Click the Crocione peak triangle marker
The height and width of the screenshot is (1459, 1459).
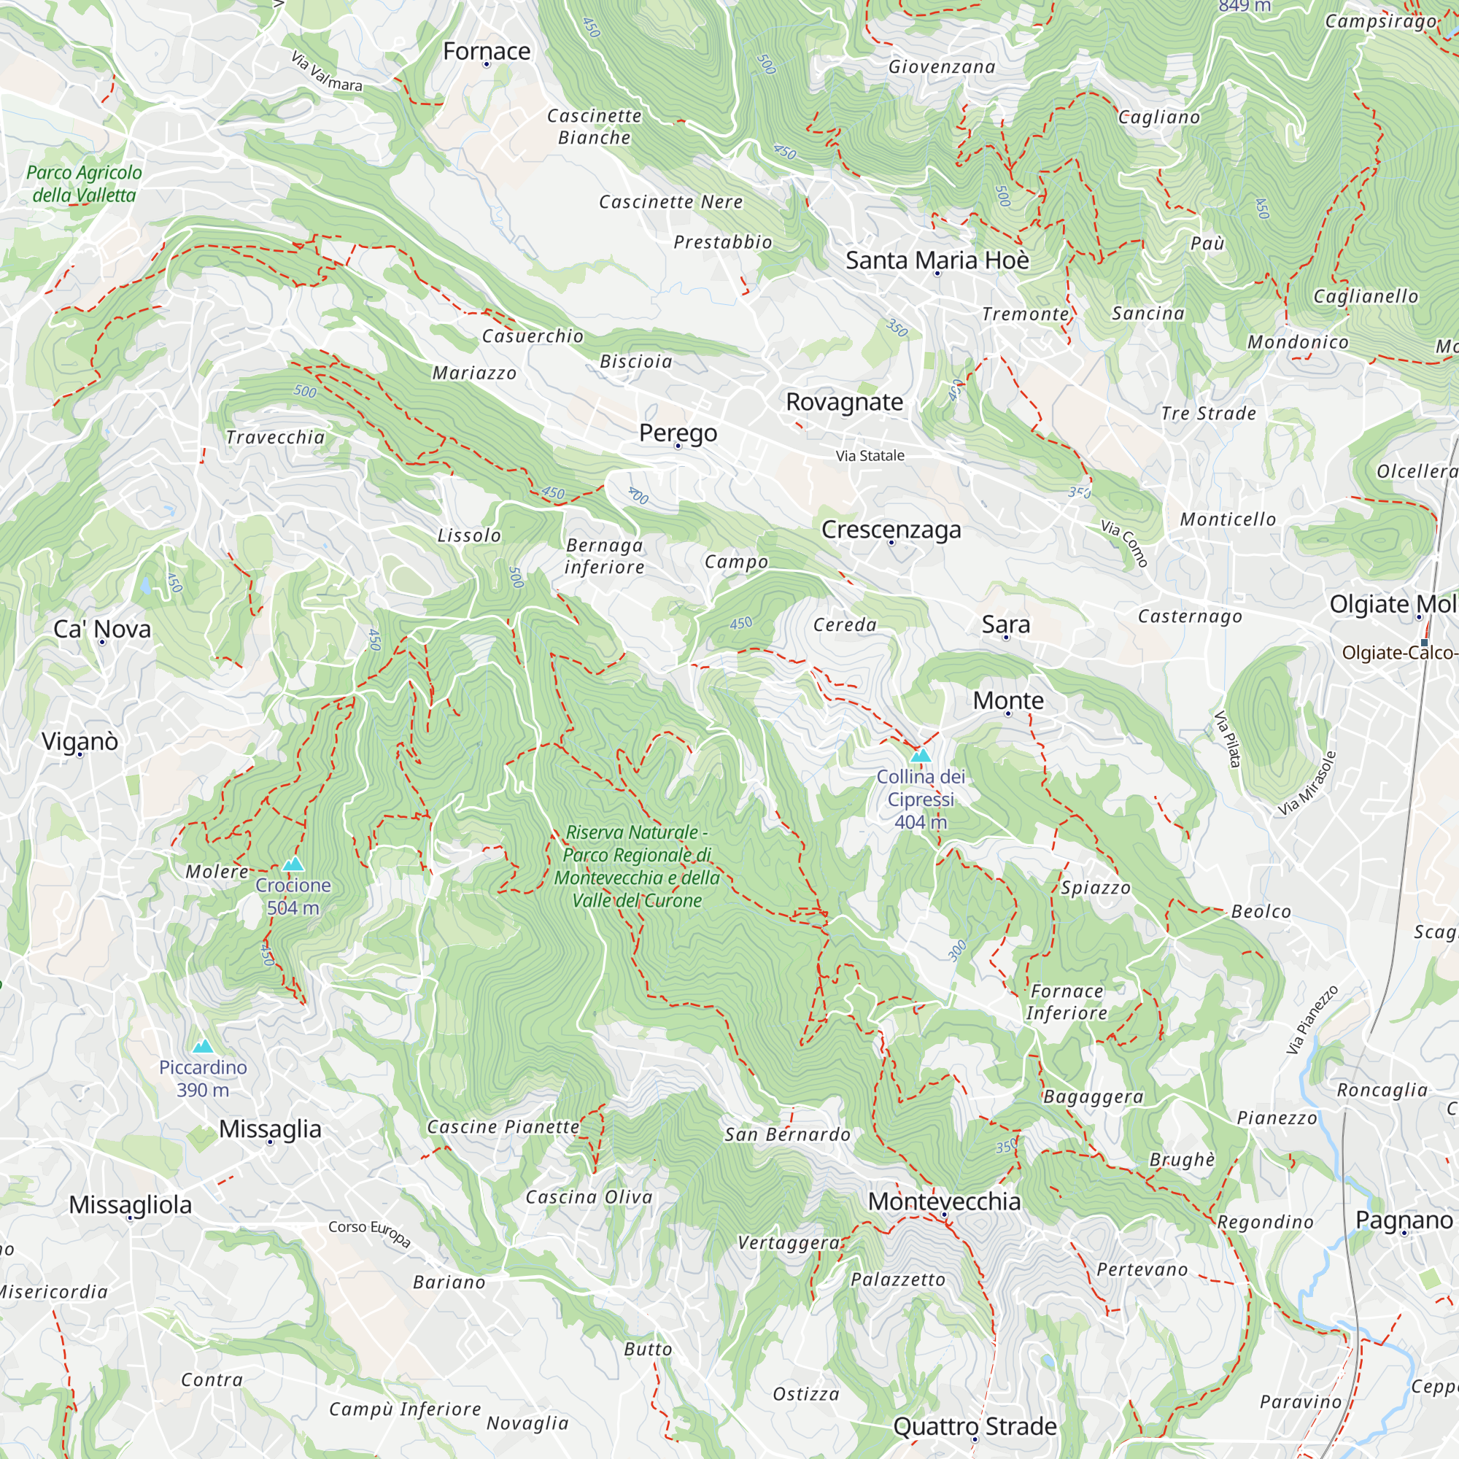293,864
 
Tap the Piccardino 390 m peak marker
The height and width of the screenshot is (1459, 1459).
202,1046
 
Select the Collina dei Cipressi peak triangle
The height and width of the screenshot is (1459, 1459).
920,755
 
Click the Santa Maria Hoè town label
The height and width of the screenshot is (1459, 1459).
937,260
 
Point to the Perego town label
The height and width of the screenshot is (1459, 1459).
678,433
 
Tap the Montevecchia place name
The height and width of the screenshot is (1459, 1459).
943,1201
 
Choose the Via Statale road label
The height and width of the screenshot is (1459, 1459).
870,455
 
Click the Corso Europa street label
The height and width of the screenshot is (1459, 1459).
369,1232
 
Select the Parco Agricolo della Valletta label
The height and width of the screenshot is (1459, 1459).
83,184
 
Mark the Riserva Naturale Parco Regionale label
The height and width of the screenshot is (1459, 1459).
637,866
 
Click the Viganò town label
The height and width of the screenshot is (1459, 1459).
80,741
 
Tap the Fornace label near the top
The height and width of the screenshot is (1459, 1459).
487,51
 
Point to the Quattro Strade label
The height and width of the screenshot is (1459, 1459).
974,1425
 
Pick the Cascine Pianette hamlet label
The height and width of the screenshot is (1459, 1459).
503,1127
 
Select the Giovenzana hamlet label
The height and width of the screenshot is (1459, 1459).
941,66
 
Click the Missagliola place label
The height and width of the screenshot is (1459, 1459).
130,1204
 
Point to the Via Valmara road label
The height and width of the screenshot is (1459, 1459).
326,71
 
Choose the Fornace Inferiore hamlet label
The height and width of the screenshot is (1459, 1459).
1067,1002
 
